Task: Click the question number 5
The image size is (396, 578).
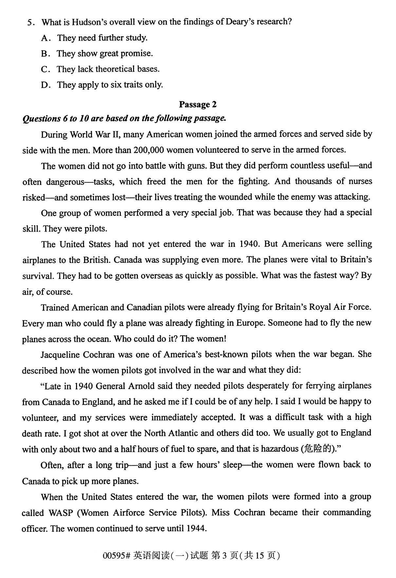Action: pos(30,23)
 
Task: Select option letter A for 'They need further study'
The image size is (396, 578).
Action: pos(45,38)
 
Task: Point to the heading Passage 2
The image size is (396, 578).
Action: pos(198,104)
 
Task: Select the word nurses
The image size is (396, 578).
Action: pos(360,181)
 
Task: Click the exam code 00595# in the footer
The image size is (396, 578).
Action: pos(117,556)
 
